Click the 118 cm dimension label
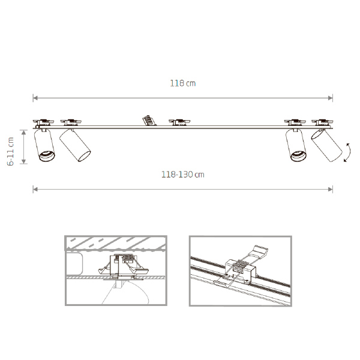183,83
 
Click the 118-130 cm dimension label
183,175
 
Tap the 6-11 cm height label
11,151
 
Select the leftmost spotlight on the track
44,145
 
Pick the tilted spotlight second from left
75,145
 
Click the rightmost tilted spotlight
327,145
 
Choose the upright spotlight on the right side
296,145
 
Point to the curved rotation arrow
348,152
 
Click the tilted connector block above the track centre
149,121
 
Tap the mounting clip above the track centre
179,122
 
